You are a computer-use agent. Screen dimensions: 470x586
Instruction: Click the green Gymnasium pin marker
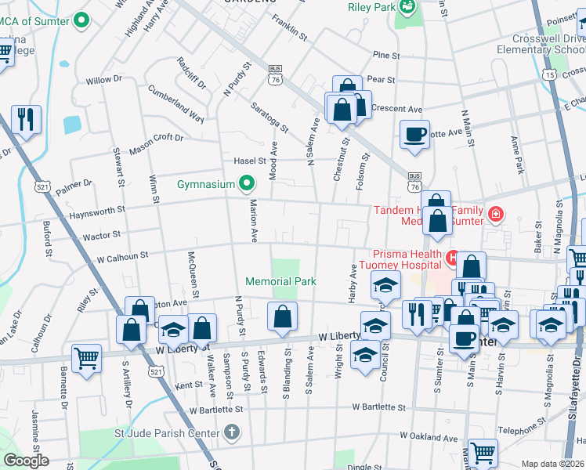tap(247, 184)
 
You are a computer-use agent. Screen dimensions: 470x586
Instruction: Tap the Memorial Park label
tap(280, 281)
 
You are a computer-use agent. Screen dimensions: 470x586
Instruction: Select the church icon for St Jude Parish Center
tap(231, 432)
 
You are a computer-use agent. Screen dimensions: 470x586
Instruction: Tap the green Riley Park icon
tap(407, 7)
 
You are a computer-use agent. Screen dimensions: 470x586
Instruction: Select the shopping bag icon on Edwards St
tap(282, 316)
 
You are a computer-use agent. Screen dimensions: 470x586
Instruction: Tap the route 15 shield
tap(552, 74)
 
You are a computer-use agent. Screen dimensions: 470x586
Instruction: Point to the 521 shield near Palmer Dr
tap(43, 186)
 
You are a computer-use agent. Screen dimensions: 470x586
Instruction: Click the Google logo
tap(26, 461)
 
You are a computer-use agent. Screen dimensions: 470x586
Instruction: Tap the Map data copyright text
tap(552, 464)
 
